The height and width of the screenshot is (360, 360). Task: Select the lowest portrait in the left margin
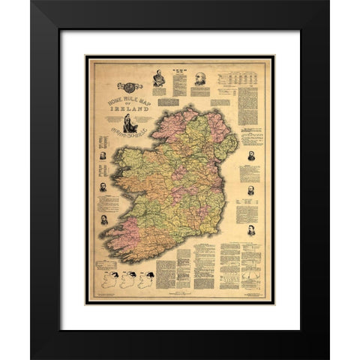103,220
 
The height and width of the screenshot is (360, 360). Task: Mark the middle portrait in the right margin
250,190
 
